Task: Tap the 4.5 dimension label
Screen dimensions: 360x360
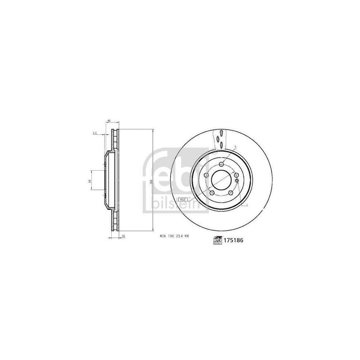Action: tap(95, 133)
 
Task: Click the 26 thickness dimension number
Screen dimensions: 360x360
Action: tap(123, 236)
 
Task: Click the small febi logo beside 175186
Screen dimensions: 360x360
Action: tap(217, 240)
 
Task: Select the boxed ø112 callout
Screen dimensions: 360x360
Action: tap(183, 199)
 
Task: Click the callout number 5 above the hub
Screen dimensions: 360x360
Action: tap(235, 147)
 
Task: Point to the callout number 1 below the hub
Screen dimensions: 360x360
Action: tap(247, 205)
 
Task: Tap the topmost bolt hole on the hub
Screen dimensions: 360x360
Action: tap(222, 164)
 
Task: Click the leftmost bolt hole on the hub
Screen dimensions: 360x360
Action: tap(206, 175)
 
